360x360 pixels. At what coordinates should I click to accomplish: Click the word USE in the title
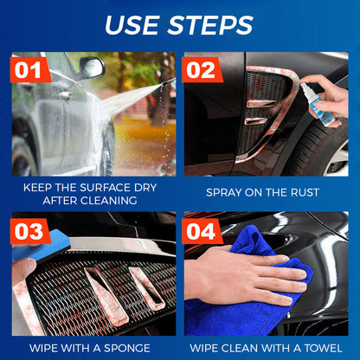[x=137, y=24]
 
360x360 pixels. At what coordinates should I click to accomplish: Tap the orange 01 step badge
[x=30, y=68]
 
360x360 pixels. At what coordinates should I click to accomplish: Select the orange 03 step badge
[x=31, y=231]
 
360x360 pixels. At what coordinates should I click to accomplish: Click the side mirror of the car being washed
[x=89, y=67]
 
